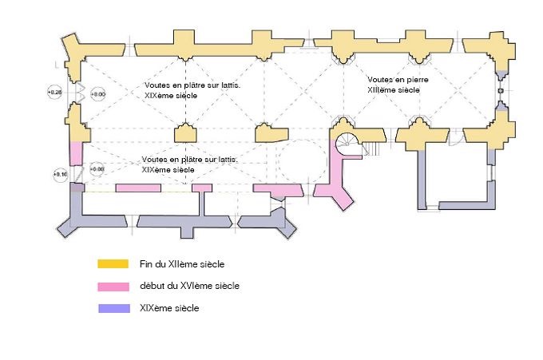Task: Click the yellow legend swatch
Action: pyautogui.click(x=113, y=263)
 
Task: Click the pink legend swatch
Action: pyautogui.click(x=113, y=286)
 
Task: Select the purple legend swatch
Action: pyautogui.click(x=113, y=308)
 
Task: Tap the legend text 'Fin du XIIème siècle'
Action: pyautogui.click(x=176, y=263)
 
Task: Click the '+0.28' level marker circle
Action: pyautogui.click(x=55, y=93)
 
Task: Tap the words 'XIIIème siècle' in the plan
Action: pyautogui.click(x=394, y=90)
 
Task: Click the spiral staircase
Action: pyautogui.click(x=349, y=144)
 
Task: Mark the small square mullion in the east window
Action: pyautogui.click(x=501, y=92)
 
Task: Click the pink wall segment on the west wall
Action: pyautogui.click(x=77, y=152)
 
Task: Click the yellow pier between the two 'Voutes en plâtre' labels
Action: pyautogui.click(x=186, y=133)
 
